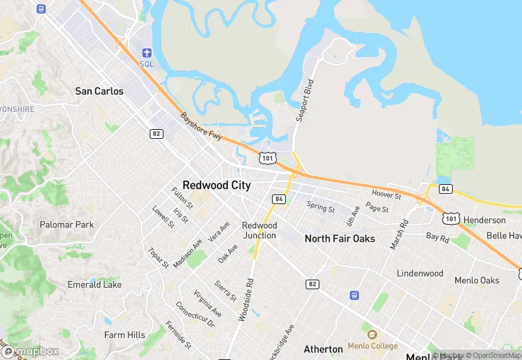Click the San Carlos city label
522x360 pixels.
click(x=99, y=91)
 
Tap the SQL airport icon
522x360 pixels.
click(x=146, y=54)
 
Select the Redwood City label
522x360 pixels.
click(x=216, y=185)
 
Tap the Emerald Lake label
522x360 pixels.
click(x=94, y=284)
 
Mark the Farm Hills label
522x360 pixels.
click(x=124, y=335)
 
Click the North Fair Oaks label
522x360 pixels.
click(x=339, y=238)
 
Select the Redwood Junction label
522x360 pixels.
click(x=259, y=230)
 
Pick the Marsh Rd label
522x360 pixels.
click(x=399, y=234)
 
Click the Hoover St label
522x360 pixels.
click(x=385, y=196)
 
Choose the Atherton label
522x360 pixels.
click(x=323, y=349)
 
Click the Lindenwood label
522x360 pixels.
click(x=420, y=273)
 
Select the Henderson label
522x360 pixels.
click(x=484, y=221)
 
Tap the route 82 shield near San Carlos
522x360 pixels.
click(x=157, y=133)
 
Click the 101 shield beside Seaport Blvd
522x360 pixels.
click(x=269, y=159)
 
